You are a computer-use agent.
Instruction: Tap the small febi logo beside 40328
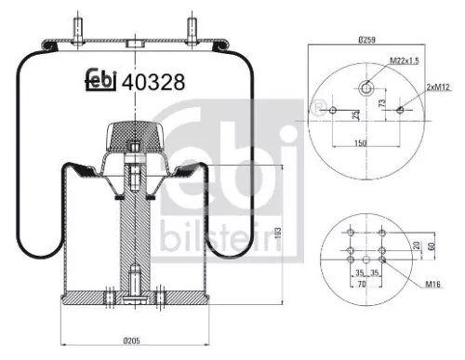coord(100,82)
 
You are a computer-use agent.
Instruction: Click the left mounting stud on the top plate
coord(77,23)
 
